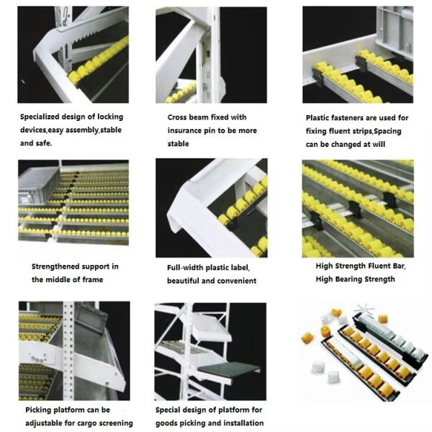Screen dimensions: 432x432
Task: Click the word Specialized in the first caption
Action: (x=41, y=116)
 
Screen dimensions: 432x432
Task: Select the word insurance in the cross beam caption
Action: (x=189, y=130)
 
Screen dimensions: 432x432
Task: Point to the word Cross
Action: (x=180, y=117)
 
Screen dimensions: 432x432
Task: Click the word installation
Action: (x=241, y=423)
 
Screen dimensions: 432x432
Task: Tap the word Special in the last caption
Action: (x=171, y=410)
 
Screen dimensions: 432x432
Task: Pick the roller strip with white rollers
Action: (x=389, y=338)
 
